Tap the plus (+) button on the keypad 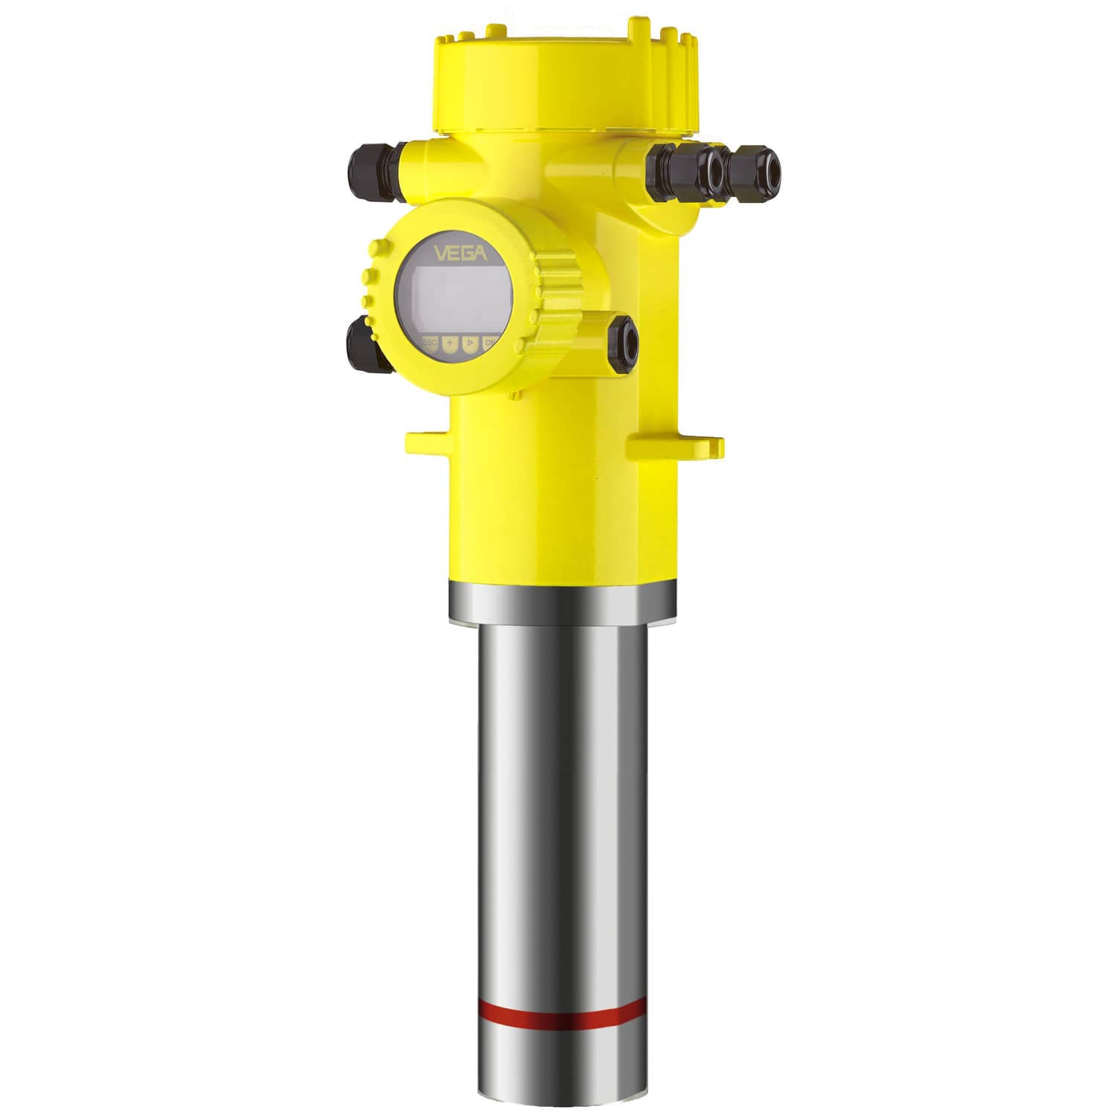(450, 345)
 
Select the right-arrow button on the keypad (469, 345)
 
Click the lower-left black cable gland (364, 345)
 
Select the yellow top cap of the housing (565, 82)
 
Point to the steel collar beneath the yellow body (562, 601)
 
